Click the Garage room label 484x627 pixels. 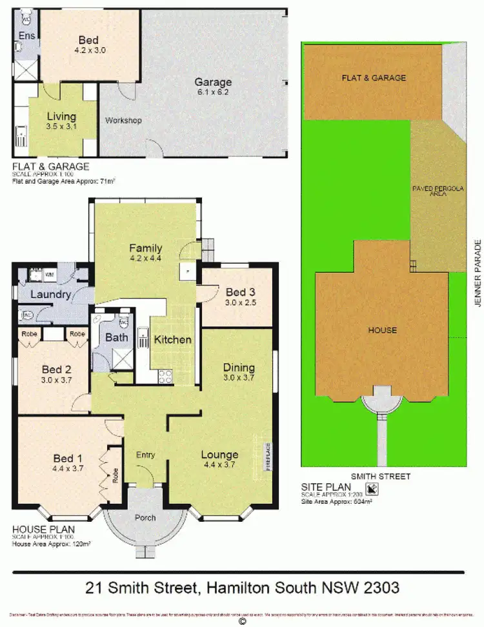213,83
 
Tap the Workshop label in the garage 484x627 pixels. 123,121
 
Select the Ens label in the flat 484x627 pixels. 26,35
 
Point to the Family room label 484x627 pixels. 145,248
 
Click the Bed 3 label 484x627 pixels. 235,292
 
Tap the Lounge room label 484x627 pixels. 219,454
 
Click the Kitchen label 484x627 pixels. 172,339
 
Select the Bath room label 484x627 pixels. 117,337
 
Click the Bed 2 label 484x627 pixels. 56,370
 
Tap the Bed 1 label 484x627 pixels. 68,459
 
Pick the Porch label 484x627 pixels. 145,518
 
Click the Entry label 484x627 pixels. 145,455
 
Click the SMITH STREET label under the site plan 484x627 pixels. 385,476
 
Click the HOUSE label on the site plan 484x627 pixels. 383,330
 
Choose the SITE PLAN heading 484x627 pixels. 327,486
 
